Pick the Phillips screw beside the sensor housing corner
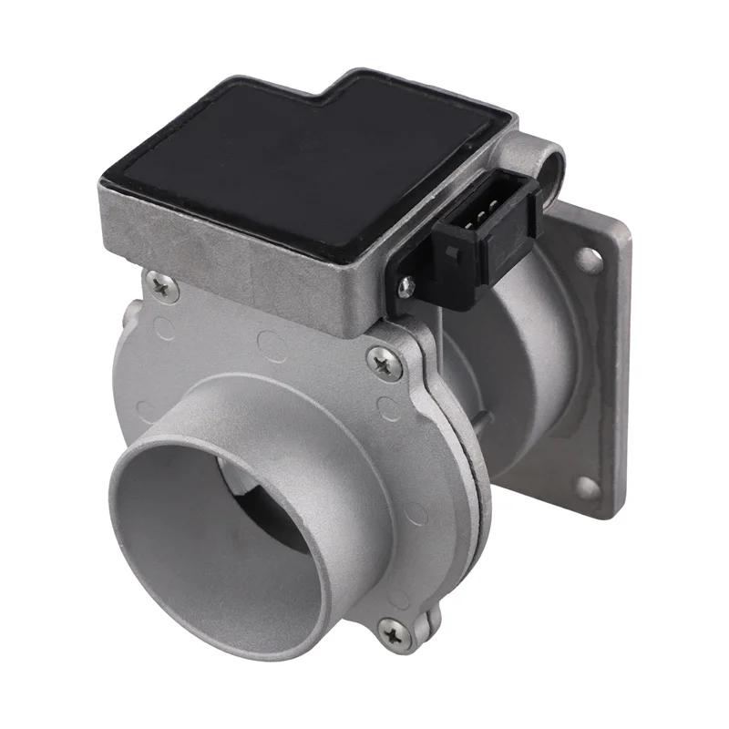pos(383,364)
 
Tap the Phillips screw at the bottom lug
pos(395,631)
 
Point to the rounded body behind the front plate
pos(510,383)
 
